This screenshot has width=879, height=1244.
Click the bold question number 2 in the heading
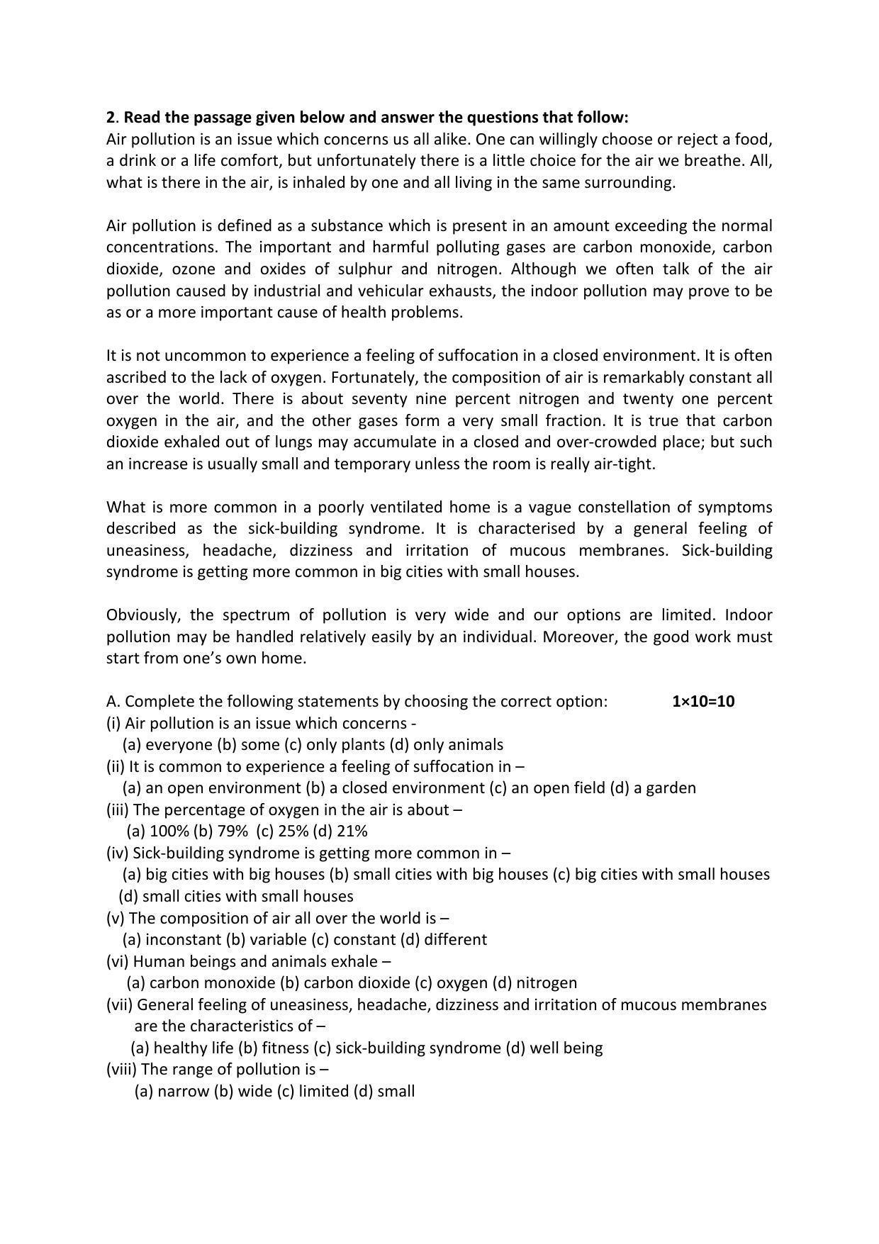[x=110, y=117]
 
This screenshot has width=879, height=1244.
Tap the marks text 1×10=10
[x=702, y=702]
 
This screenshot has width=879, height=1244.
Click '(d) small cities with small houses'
[x=236, y=897]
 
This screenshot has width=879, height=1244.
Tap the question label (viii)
[x=121, y=1070]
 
